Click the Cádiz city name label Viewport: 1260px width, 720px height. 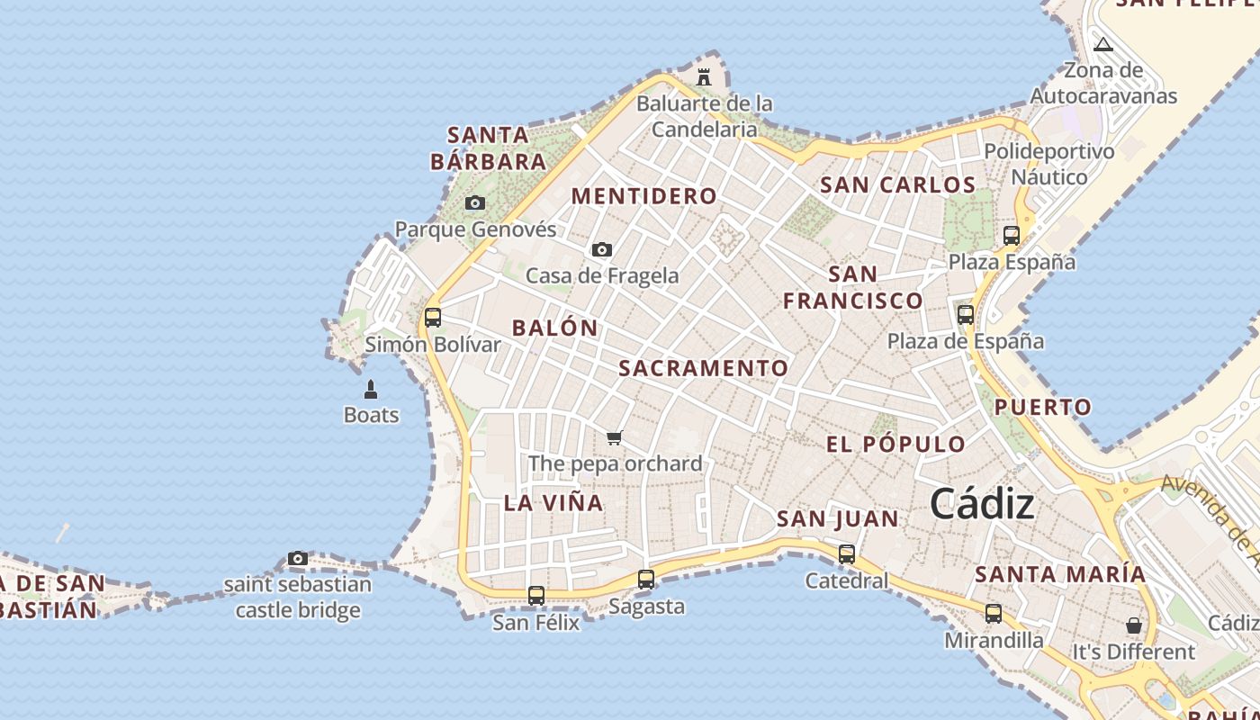[x=982, y=504]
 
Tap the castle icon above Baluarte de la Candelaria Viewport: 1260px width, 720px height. [x=704, y=76]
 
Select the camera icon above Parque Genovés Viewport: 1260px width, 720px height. [x=475, y=203]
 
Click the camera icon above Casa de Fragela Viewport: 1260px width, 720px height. [x=602, y=249]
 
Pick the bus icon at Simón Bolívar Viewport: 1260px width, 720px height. [x=433, y=318]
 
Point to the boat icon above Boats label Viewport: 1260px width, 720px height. [x=371, y=390]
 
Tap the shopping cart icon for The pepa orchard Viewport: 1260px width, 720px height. [x=615, y=438]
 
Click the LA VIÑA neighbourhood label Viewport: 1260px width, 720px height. [x=553, y=503]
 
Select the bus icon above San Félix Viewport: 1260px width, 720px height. [x=536, y=596]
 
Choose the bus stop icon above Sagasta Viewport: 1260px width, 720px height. [x=646, y=580]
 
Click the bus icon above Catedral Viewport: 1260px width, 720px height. [x=847, y=554]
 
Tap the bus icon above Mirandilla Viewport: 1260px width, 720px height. [x=994, y=614]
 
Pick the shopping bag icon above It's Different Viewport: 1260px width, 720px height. [x=1134, y=625]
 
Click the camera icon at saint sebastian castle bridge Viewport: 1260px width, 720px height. [x=298, y=559]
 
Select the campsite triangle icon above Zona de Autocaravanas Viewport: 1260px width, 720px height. [x=1103, y=44]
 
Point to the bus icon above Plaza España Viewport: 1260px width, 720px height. [x=1012, y=236]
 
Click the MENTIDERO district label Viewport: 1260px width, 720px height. [x=644, y=196]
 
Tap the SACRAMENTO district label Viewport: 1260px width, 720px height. [x=704, y=368]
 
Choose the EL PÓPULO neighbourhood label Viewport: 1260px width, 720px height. [x=895, y=444]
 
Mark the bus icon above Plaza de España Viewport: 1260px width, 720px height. [x=966, y=315]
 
